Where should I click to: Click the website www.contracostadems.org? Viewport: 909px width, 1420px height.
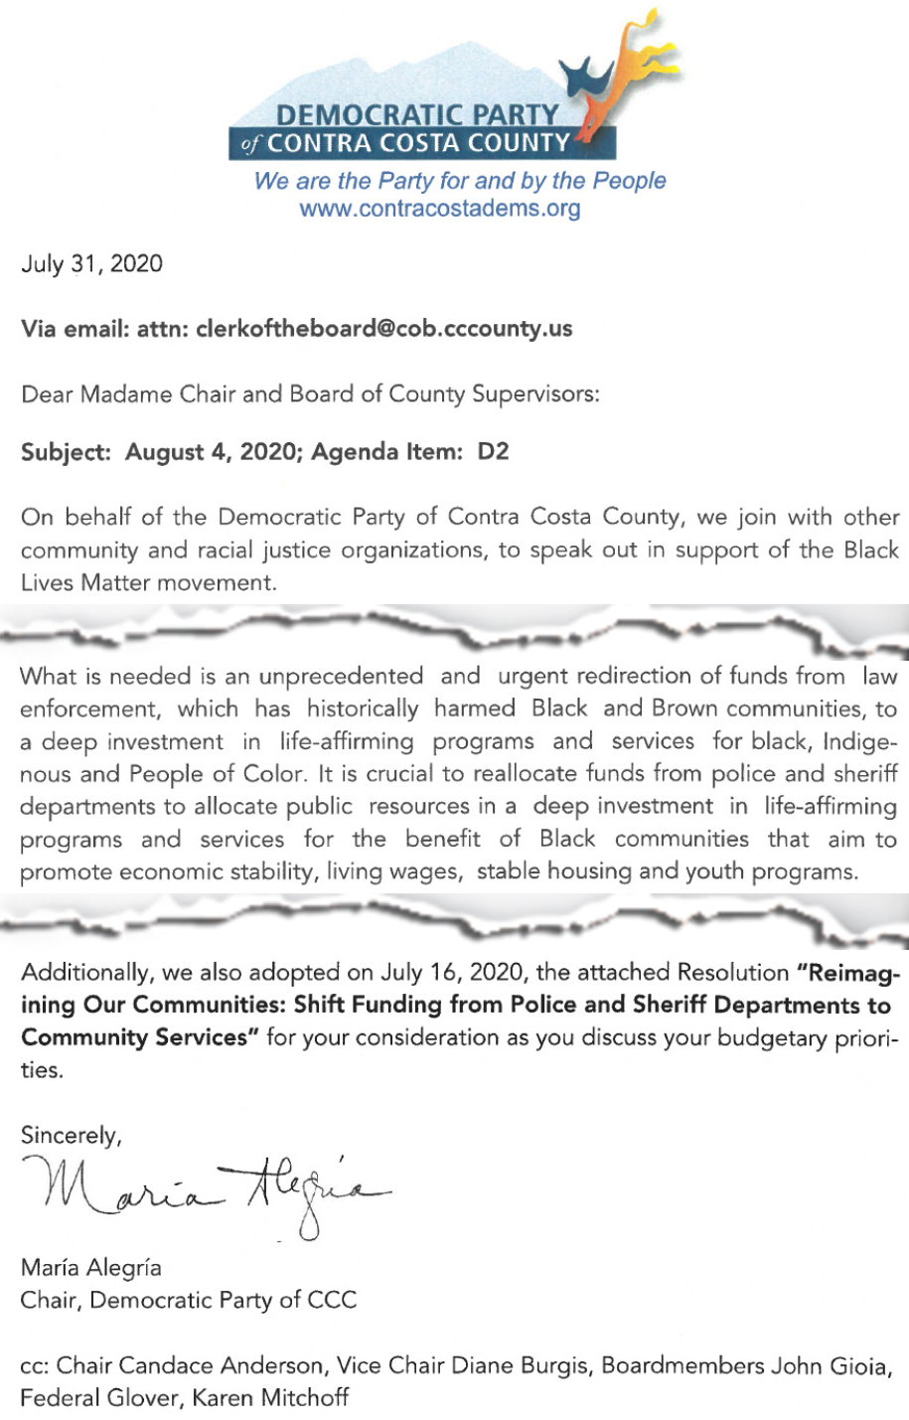pyautogui.click(x=439, y=209)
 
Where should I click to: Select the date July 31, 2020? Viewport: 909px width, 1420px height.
pyautogui.click(x=91, y=264)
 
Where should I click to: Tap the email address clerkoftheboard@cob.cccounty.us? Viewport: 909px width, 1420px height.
pyautogui.click(x=384, y=329)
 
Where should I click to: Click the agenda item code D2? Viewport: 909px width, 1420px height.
pyautogui.click(x=493, y=452)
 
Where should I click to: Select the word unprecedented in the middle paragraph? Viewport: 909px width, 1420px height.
pyautogui.click(x=341, y=677)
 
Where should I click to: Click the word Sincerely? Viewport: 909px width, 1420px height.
pyautogui.click(x=71, y=1135)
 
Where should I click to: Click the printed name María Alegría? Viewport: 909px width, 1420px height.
pyautogui.click(x=90, y=1268)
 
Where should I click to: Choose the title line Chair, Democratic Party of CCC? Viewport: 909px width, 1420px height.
pyautogui.click(x=188, y=1300)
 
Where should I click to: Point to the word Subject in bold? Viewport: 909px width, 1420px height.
pyautogui.click(x=66, y=452)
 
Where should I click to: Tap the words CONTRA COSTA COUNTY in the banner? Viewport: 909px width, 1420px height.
pyautogui.click(x=418, y=143)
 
